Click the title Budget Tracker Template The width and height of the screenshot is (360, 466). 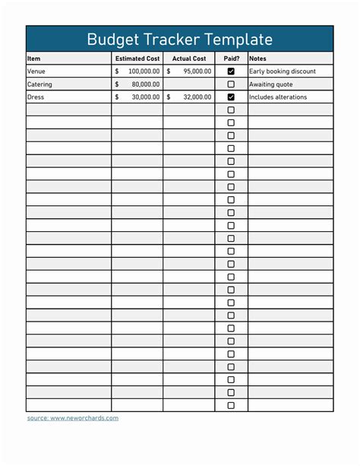(179, 39)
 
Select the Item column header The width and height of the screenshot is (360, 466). (34, 59)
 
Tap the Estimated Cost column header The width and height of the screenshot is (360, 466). (137, 59)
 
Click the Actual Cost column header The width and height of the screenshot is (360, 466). (189, 59)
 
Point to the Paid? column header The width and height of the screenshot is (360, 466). (231, 59)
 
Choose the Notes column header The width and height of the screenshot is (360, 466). (257, 59)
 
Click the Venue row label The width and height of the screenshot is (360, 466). (36, 71)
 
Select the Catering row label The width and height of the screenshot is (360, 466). (40, 84)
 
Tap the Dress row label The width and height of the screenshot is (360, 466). (36, 97)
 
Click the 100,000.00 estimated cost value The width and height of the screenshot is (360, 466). (144, 71)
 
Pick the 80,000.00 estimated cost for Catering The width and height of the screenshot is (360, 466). (147, 84)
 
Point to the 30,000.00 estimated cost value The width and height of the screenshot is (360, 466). (147, 97)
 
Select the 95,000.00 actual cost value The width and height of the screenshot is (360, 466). (197, 71)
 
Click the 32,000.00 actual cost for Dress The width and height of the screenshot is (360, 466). (197, 97)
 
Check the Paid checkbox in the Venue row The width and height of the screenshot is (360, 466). (231, 71)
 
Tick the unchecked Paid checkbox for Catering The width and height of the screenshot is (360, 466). (231, 84)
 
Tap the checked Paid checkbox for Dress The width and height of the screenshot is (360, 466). (231, 97)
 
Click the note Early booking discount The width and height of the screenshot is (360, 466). (283, 71)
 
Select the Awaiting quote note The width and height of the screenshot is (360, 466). (271, 84)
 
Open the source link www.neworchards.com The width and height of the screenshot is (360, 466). (84, 418)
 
